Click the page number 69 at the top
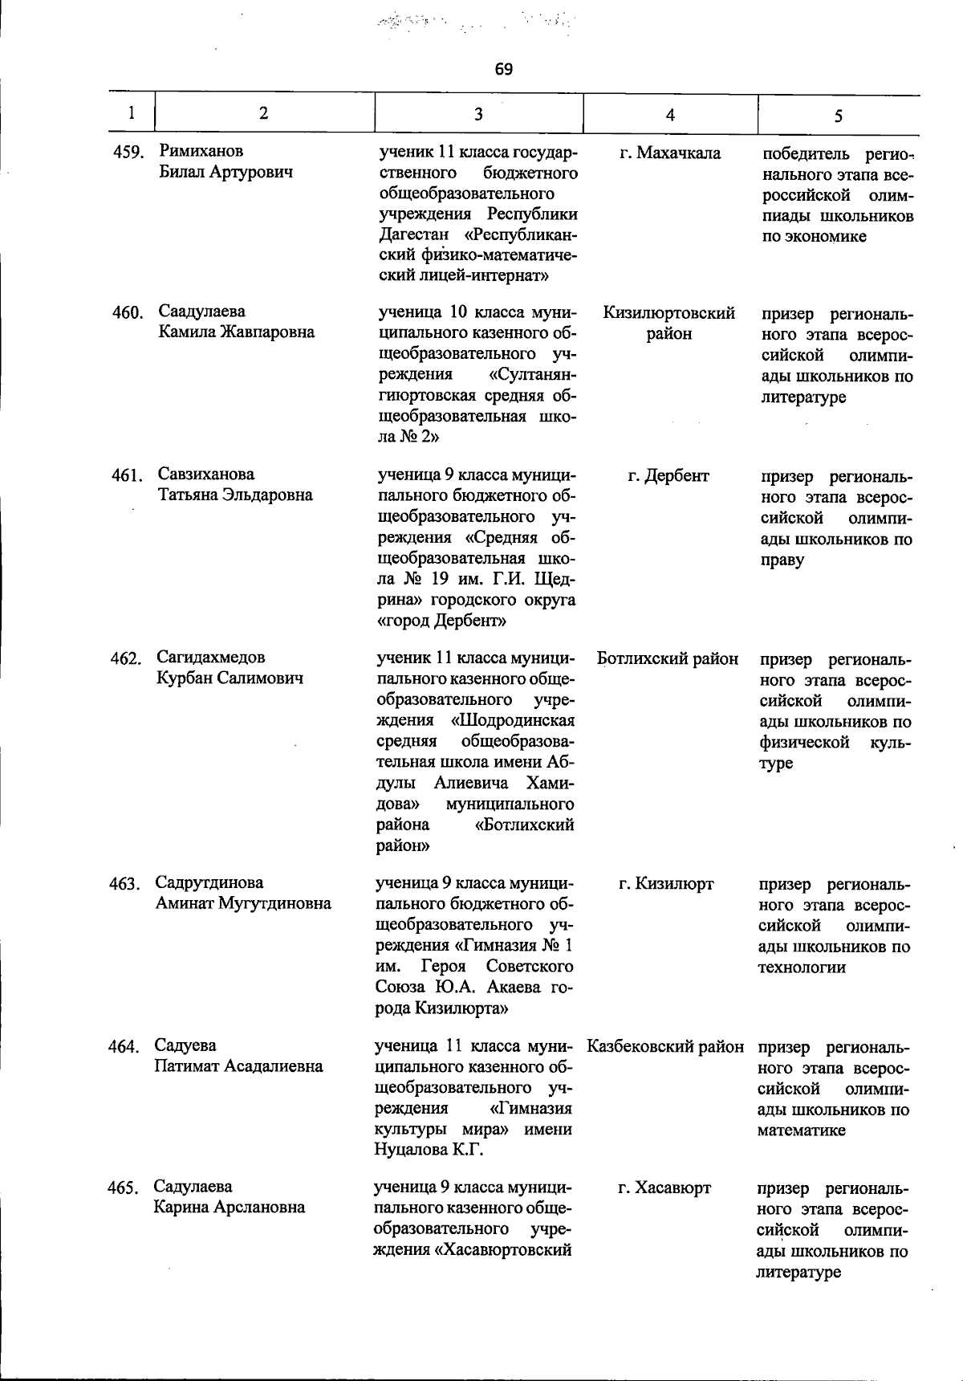pos(503,69)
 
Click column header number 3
pos(478,114)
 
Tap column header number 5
pos(838,116)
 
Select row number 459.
pos(128,152)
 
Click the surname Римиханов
pos(201,151)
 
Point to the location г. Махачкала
pos(670,153)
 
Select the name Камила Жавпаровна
pos(236,332)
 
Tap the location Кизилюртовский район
pos(668,324)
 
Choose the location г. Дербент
pos(668,475)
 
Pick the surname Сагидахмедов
pos(211,658)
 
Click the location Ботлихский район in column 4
pos(668,659)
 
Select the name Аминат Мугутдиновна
pos(243,903)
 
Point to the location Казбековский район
pos(665,1047)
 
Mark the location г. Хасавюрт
pos(664,1187)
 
